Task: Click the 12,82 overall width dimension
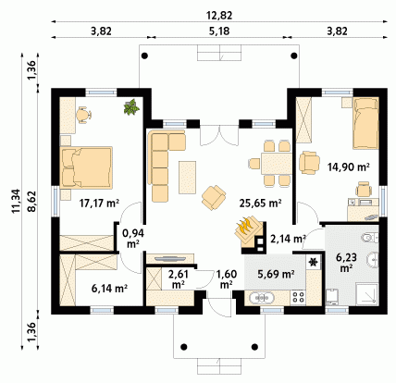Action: (219, 16)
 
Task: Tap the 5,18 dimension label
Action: (219, 31)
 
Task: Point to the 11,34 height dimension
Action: (16, 201)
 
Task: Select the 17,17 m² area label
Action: (99, 204)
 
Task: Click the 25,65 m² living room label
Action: (261, 203)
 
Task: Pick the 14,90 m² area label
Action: (349, 167)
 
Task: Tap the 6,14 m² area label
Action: (110, 289)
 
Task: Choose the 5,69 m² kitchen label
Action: (276, 274)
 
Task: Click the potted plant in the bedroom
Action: (131, 107)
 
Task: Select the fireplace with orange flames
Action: (248, 231)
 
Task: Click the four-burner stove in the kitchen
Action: (298, 297)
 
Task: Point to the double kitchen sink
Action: (262, 298)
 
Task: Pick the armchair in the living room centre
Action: (214, 198)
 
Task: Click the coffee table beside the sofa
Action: (187, 178)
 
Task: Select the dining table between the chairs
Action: (277, 164)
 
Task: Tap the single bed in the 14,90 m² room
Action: (365, 123)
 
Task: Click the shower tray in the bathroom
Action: (366, 294)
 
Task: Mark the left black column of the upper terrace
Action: (144, 56)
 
